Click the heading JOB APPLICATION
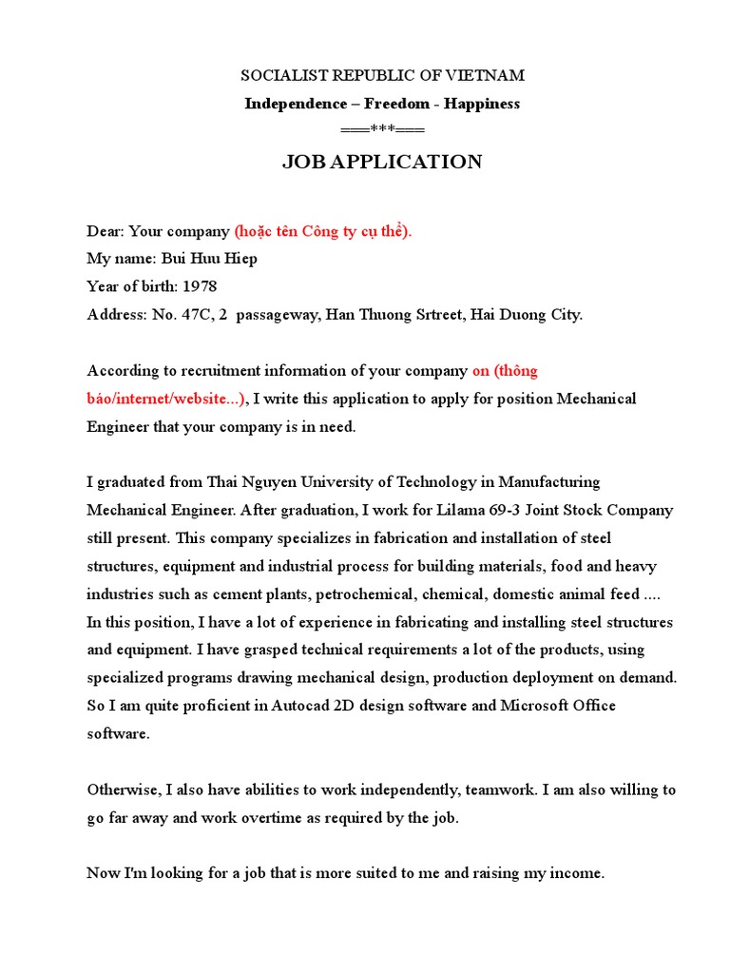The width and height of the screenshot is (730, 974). [382, 163]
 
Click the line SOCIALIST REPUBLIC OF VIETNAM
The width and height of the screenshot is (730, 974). [382, 75]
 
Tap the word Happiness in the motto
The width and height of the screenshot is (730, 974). [482, 104]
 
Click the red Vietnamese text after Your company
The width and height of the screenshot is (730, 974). [323, 231]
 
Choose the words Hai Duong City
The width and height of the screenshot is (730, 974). [536, 315]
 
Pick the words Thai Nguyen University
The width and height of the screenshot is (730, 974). [281, 482]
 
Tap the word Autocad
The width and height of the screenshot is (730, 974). [304, 706]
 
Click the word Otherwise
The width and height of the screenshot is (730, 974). [124, 789]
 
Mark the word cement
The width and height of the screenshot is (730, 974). [254, 594]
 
